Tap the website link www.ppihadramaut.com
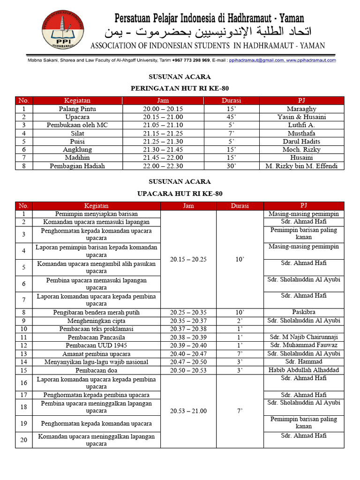(x=311, y=60)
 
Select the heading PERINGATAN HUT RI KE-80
(x=180, y=88)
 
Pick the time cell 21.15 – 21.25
(x=163, y=133)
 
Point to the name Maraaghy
(x=301, y=109)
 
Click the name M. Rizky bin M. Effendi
(x=301, y=166)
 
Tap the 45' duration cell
(x=231, y=117)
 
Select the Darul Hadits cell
(x=301, y=141)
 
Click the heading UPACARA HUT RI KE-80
(x=180, y=193)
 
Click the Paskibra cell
(x=304, y=312)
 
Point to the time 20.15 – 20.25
(x=188, y=259)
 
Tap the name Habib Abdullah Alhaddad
(x=304, y=370)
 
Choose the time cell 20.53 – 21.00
(x=188, y=411)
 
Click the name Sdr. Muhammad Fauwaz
(x=304, y=345)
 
